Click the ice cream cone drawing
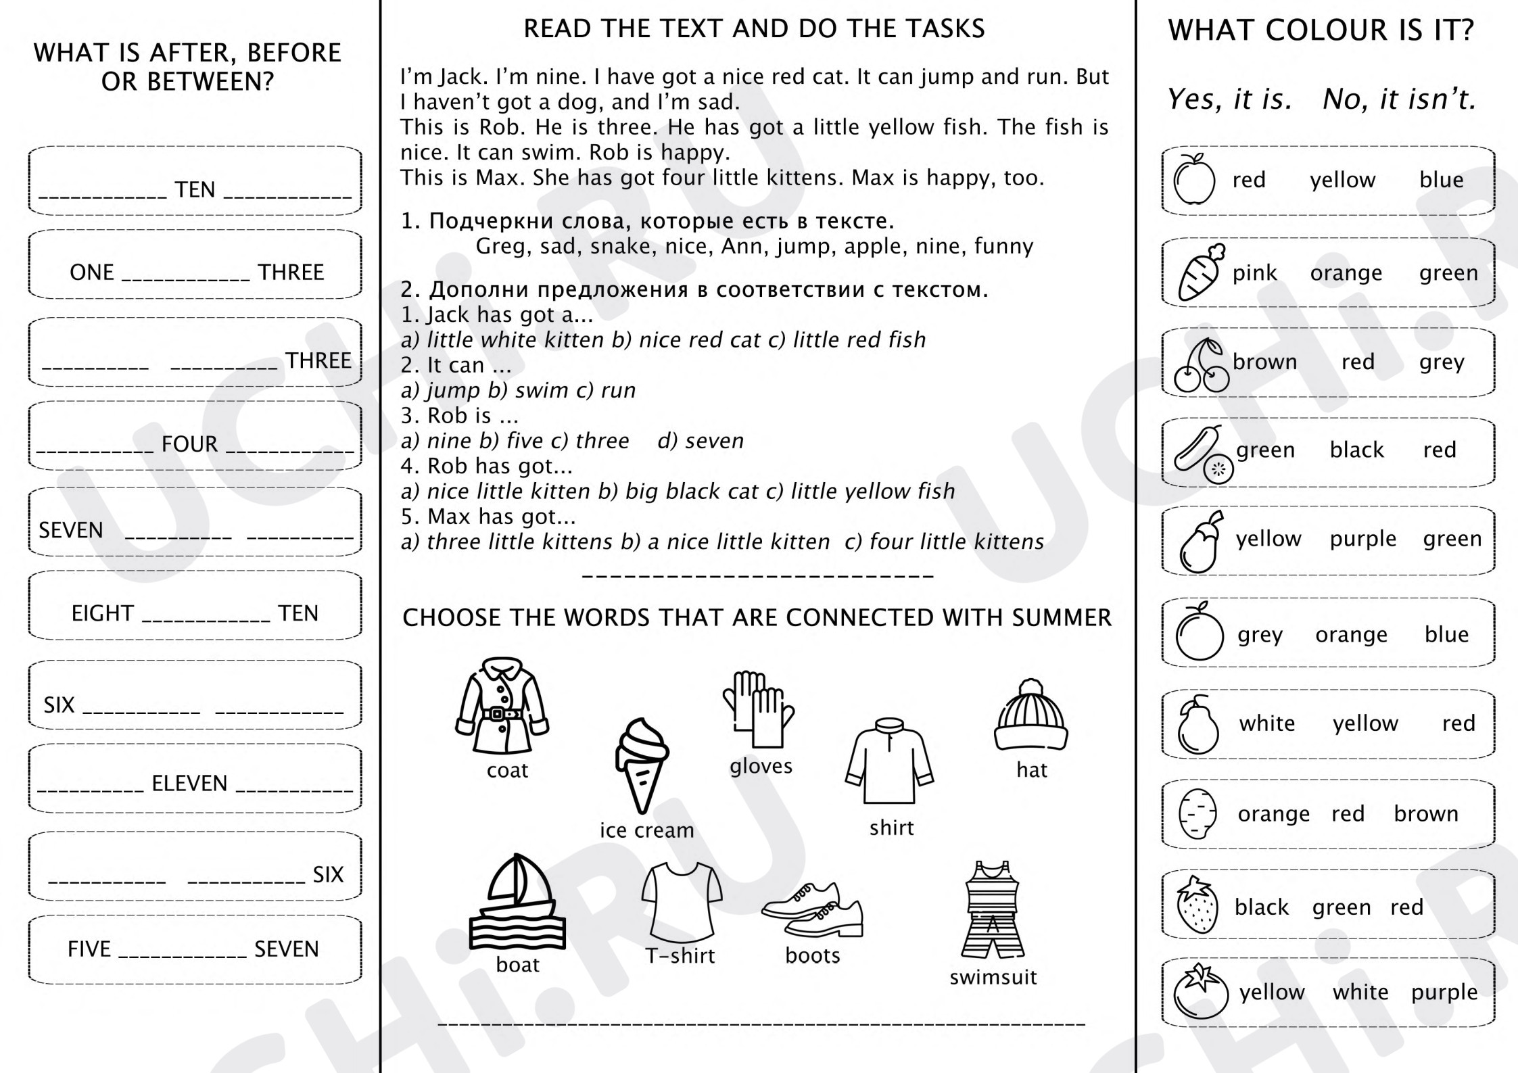642,765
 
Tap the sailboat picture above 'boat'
517,902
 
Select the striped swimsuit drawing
993,909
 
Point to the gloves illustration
759,709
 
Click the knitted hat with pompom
1031,715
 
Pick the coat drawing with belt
502,706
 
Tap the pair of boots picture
813,909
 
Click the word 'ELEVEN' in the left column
189,784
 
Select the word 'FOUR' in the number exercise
189,444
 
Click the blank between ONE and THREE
186,280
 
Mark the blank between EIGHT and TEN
206,621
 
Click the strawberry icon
1197,905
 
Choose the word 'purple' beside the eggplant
1363,540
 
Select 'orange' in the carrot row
1346,274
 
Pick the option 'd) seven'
701,441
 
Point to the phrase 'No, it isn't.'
1399,99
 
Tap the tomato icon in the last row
1200,991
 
